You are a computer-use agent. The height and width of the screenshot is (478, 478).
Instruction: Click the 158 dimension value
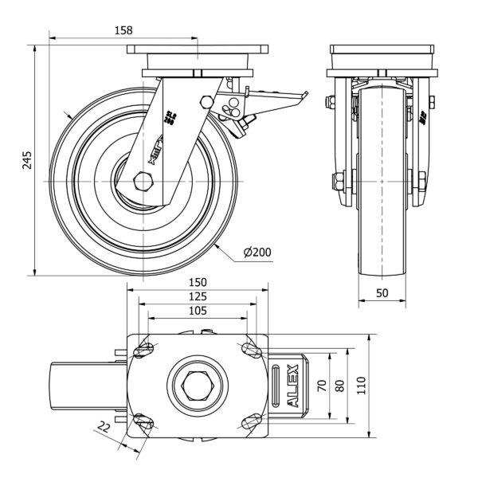[x=123, y=29]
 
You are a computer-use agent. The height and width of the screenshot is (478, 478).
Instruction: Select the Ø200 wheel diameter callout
[x=257, y=253]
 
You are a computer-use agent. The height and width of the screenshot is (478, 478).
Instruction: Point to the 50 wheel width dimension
[x=382, y=293]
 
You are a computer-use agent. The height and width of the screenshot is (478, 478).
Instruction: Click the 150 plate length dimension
[x=198, y=282]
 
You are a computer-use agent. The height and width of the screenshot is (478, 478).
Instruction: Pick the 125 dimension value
[x=198, y=296]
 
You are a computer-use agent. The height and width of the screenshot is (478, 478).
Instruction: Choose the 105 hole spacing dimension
[x=197, y=311]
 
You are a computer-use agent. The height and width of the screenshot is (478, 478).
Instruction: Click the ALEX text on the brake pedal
[x=292, y=386]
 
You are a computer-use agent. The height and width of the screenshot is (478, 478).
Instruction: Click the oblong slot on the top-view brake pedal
[x=276, y=386]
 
